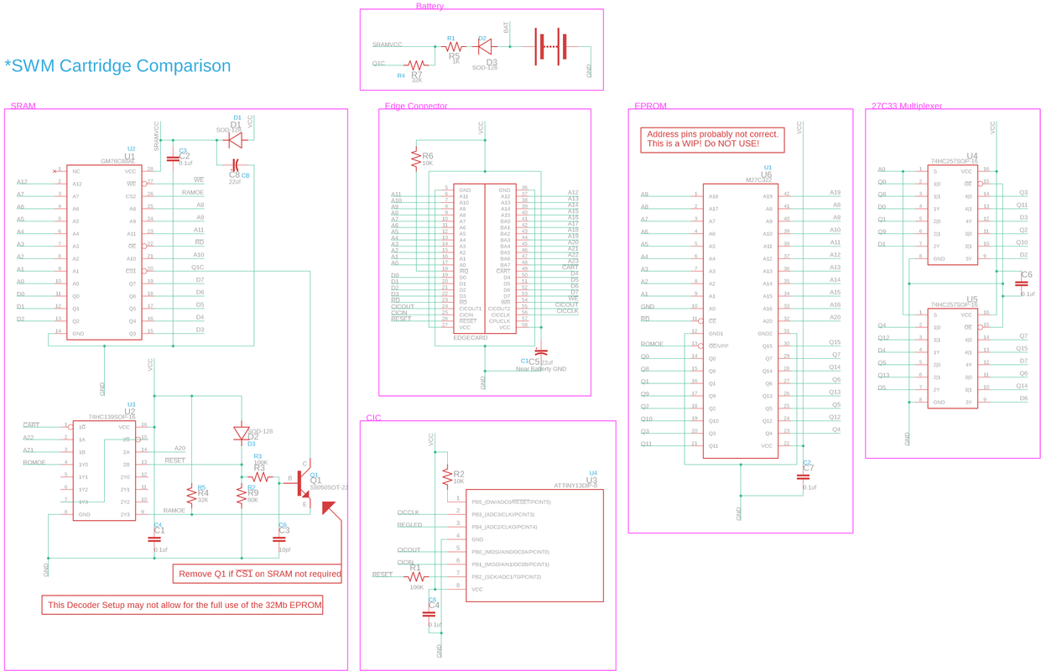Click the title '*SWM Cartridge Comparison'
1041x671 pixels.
point(117,66)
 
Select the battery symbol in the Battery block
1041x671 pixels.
point(551,47)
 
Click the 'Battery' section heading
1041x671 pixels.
point(429,7)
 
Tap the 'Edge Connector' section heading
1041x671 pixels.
point(415,107)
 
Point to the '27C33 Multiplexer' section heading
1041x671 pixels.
point(906,107)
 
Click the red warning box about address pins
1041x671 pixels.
point(712,139)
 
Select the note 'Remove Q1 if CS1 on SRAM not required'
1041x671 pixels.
point(259,574)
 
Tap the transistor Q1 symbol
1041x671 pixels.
point(303,482)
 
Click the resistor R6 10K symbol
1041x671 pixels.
point(414,158)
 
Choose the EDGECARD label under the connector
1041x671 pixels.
point(470,338)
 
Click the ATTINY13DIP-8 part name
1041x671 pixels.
point(575,486)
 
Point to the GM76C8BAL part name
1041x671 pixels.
point(117,161)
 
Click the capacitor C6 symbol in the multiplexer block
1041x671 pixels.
point(1021,283)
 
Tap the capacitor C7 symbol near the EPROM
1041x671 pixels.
point(803,476)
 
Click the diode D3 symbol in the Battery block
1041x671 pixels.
point(484,48)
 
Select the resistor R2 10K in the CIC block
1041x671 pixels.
point(446,476)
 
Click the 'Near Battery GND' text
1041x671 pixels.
point(540,369)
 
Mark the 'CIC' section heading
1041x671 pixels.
point(373,418)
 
